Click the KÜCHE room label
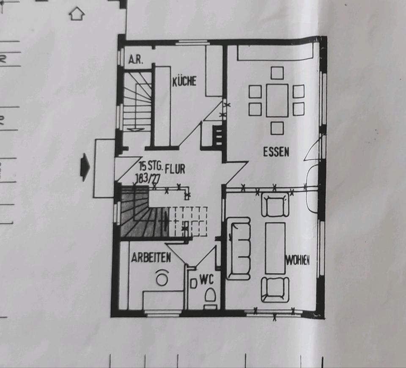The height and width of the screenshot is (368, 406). [x=184, y=81]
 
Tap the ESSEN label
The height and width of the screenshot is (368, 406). [x=276, y=152]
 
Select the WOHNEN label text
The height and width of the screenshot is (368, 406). [x=297, y=261]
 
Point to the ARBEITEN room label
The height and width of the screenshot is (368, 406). [x=151, y=258]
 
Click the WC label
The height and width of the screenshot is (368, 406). [x=207, y=280]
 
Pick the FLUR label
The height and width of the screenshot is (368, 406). [x=175, y=169]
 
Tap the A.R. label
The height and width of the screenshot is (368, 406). [x=135, y=60]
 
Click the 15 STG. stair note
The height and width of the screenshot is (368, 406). [x=151, y=165]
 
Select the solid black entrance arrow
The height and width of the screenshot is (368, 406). [x=85, y=167]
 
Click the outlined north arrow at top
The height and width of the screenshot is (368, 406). [x=77, y=14]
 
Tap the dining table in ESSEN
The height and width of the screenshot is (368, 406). [x=277, y=101]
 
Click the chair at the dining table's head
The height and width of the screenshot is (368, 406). [x=277, y=73]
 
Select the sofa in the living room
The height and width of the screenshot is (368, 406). [x=239, y=249]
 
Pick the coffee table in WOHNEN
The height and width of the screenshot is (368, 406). [x=275, y=248]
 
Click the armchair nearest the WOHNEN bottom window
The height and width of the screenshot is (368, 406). [x=275, y=289]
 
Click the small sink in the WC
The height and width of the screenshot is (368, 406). [x=193, y=283]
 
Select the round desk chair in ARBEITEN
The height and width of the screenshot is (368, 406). [x=162, y=277]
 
